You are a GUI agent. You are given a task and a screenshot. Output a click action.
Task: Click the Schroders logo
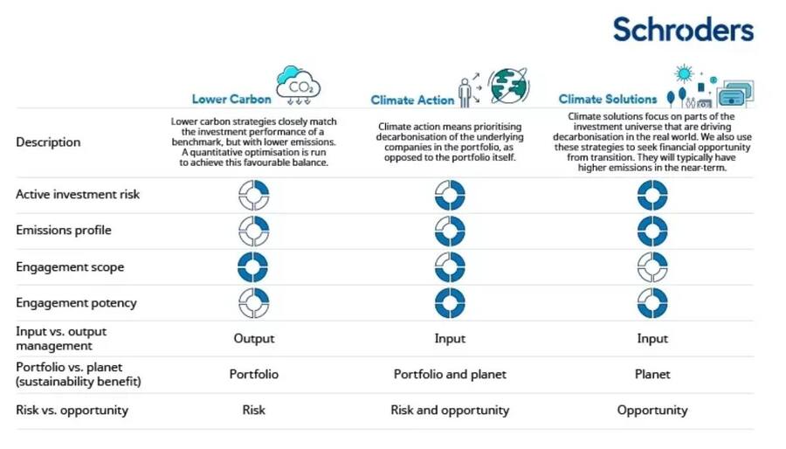(x=683, y=29)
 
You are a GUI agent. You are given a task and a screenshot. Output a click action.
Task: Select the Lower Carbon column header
(x=231, y=99)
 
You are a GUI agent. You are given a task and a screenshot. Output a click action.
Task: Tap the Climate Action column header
(x=412, y=100)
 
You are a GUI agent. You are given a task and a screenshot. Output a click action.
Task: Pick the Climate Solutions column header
(x=608, y=99)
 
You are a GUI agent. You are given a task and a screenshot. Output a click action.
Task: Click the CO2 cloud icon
(x=299, y=86)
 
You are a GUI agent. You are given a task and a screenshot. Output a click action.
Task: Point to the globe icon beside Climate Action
(x=508, y=86)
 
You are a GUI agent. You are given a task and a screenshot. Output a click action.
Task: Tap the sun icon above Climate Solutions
(x=684, y=74)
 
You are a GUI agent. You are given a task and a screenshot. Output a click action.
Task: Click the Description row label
(x=48, y=142)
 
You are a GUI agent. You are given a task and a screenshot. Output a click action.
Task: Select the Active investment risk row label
(x=78, y=194)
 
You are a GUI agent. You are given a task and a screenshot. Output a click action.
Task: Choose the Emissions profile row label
(x=64, y=230)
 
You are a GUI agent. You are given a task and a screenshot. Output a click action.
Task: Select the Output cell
(x=253, y=339)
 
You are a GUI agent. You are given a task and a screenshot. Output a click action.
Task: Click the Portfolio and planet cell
(x=450, y=375)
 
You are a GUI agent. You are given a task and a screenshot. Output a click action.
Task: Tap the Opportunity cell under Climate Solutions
(x=652, y=411)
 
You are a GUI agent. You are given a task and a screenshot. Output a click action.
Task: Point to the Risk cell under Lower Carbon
(x=253, y=410)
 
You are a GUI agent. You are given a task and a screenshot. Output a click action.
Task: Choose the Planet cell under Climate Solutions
(x=652, y=375)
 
